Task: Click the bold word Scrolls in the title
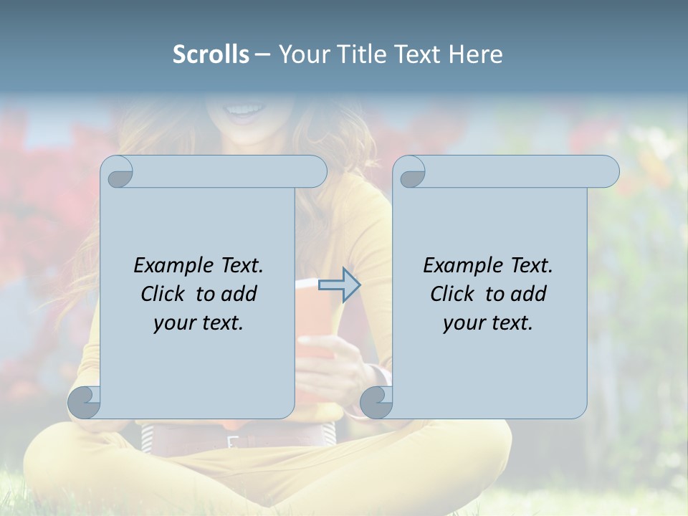[211, 54]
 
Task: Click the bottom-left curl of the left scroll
[85, 402]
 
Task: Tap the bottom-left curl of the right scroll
[376, 402]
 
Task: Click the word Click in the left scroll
[163, 294]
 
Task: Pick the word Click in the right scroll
[452, 294]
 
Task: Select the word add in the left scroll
[239, 294]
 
